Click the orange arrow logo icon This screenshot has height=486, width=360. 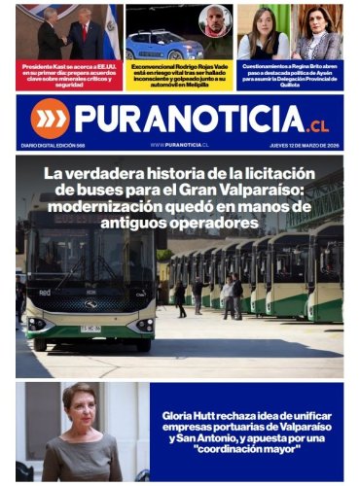click(50, 118)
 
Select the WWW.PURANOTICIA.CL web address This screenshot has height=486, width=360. click(180, 144)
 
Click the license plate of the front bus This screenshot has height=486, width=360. click(90, 328)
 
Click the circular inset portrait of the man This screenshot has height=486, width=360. click(215, 20)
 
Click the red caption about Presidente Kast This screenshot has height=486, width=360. click(68, 77)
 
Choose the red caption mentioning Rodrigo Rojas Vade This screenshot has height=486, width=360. click(180, 77)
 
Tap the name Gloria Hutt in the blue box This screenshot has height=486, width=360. click(194, 416)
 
